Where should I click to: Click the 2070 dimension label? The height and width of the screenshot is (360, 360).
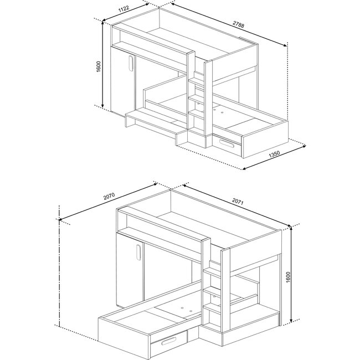(109, 194)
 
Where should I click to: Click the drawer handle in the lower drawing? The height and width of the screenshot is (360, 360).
(169, 342)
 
